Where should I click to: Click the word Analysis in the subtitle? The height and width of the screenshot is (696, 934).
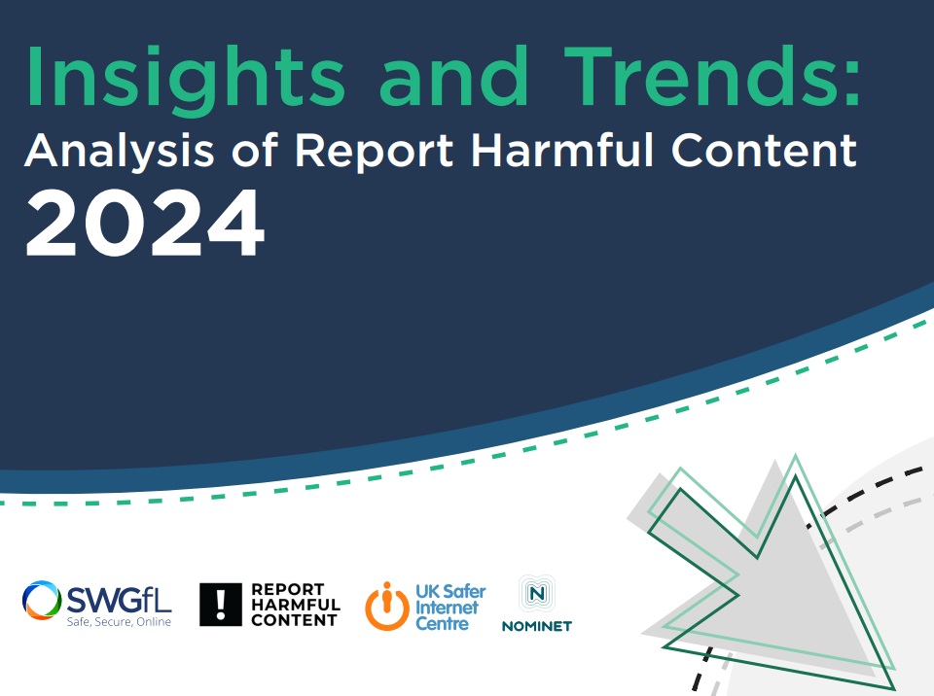(119, 152)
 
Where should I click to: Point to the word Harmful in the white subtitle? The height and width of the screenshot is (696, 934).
(562, 150)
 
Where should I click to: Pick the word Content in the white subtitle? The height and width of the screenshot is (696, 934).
(765, 150)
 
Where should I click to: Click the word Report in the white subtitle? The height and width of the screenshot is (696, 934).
(374, 152)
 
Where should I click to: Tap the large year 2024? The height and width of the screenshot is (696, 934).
(145, 224)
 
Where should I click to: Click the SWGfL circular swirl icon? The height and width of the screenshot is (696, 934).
(42, 600)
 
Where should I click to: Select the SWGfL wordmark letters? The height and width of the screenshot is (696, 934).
(119, 599)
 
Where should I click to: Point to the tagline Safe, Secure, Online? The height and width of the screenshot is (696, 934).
(119, 621)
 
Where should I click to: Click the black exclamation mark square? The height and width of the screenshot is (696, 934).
(221, 605)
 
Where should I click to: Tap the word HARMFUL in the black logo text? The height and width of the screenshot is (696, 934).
(296, 605)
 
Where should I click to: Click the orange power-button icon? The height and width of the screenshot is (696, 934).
(387, 607)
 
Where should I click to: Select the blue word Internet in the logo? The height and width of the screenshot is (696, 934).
(447, 608)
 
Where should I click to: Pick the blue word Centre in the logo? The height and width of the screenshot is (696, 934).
(442, 624)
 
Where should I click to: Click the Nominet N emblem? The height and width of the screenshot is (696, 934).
(537, 593)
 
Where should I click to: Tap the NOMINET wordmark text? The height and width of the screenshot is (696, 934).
(537, 626)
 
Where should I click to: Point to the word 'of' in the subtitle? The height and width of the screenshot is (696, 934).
(255, 150)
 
